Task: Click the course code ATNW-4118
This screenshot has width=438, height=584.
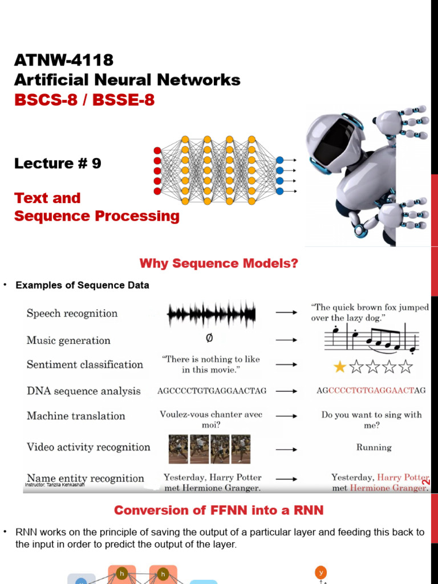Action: coord(64,60)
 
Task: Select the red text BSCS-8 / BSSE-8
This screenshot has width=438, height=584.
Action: coord(84,100)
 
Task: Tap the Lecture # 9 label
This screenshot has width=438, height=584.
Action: coord(58,164)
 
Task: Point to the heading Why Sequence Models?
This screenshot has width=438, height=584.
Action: coord(219,263)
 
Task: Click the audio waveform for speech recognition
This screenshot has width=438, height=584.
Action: coord(211,313)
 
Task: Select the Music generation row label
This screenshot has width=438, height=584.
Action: coord(68,340)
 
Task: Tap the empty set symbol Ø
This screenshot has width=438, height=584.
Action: coord(209,339)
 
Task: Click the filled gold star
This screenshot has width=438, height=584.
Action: coord(340,367)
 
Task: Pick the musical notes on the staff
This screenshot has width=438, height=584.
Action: coord(371,339)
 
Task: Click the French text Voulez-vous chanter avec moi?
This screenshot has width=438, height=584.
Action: coord(211,420)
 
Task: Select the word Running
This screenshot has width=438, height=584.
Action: coord(374,448)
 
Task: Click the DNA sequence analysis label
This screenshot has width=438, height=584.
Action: coord(83,391)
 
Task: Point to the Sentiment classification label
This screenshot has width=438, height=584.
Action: coord(85,364)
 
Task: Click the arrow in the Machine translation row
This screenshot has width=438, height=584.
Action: coord(286,416)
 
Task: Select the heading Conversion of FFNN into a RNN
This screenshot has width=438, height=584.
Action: coord(219,510)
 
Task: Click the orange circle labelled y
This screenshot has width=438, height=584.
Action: coord(321,572)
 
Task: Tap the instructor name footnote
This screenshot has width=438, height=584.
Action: coord(55,485)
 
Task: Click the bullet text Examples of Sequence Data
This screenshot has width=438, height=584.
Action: coord(83,285)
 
